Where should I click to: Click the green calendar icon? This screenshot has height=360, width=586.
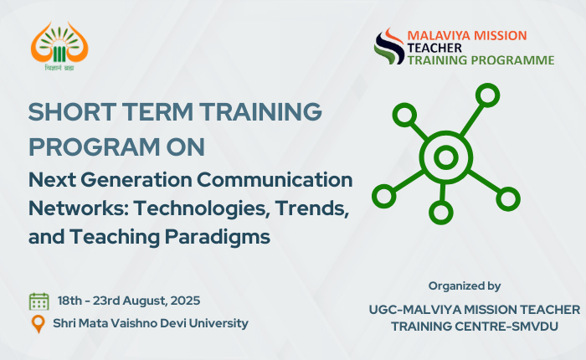[x=39, y=301]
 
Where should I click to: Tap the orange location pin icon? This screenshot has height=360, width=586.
[x=39, y=324]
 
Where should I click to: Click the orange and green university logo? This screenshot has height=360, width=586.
[x=59, y=46]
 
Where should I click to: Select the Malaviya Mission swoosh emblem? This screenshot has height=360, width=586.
[x=389, y=46]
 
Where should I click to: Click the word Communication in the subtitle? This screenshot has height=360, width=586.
[x=275, y=180]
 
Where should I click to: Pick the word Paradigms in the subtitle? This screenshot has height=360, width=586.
[x=218, y=238]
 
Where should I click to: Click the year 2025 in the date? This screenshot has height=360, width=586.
[x=185, y=301]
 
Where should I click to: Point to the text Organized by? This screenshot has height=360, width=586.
[x=465, y=286]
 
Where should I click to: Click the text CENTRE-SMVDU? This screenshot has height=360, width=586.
[x=507, y=327]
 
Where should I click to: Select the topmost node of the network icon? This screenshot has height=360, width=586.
[x=488, y=95]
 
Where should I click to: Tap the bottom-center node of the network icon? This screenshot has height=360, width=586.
[x=441, y=213]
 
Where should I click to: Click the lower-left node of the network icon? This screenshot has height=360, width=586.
[x=383, y=196]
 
